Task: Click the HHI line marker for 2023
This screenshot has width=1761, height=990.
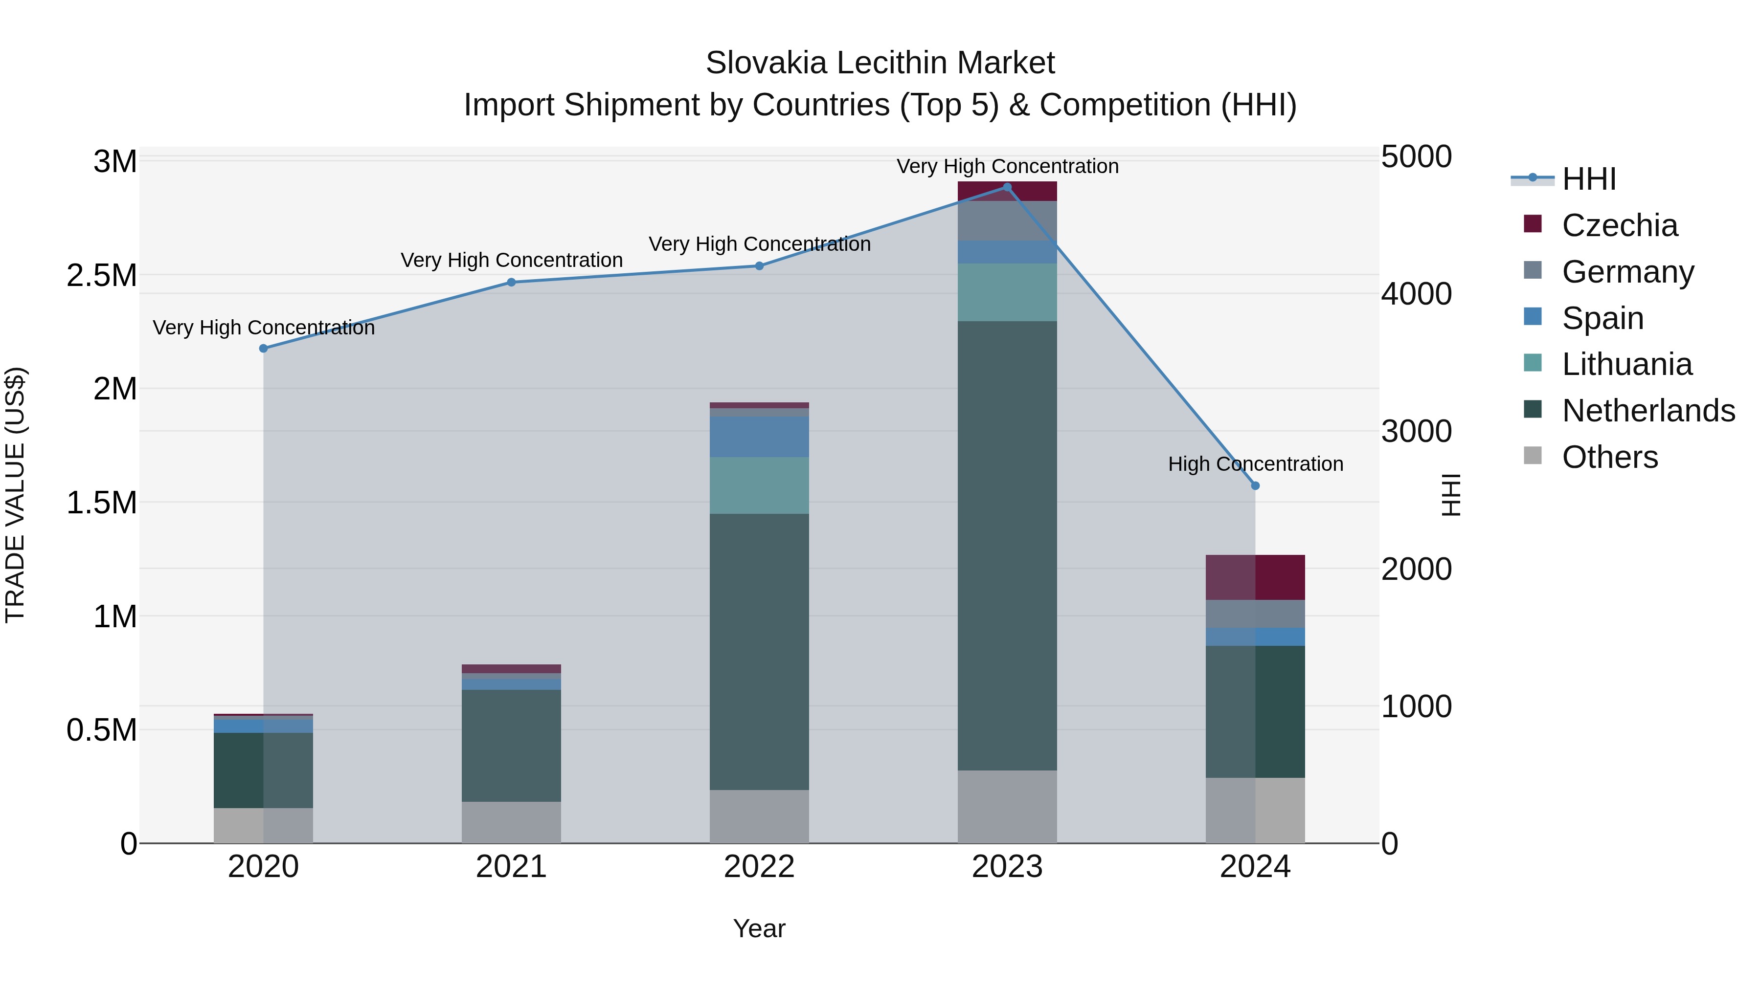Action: coord(1007,187)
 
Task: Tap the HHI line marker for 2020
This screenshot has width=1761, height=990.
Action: coord(263,349)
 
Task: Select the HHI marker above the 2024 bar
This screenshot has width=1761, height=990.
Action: coord(1255,486)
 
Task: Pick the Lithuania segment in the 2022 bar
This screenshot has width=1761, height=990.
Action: coord(759,485)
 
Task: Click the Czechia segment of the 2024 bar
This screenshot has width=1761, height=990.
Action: coord(1255,577)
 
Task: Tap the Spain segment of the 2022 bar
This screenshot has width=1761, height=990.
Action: coord(759,437)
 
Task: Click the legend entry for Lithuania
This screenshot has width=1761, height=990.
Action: coord(1626,365)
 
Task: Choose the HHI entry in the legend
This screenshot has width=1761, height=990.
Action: coord(1589,179)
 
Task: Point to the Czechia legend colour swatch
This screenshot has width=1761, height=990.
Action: coord(1533,223)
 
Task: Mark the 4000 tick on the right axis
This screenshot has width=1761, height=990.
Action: coord(1417,294)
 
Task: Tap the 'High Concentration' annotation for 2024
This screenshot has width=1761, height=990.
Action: coord(1255,464)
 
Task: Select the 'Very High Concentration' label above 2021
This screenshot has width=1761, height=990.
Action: coord(511,260)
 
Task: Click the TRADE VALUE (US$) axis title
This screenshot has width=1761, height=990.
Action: coord(15,495)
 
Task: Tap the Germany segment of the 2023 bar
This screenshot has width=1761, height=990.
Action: coord(1007,220)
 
